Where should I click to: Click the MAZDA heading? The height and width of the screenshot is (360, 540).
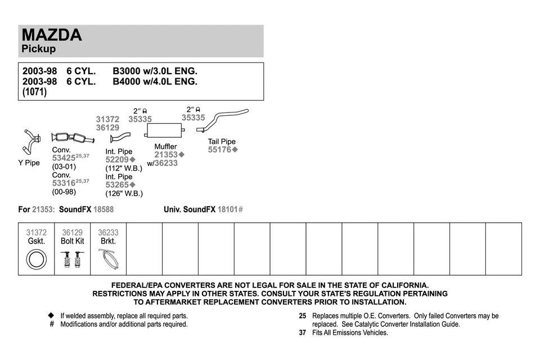[x=52, y=35]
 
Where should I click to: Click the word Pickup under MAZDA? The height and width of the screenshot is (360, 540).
[x=38, y=49]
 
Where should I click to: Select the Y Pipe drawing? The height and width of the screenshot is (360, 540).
[x=31, y=141]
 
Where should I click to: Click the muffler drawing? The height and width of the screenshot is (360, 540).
[x=165, y=131]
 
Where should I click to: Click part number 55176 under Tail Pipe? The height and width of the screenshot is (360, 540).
[x=220, y=150]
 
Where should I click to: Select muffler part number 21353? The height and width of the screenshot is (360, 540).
[x=166, y=155]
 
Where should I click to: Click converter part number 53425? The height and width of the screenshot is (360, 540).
[x=64, y=159]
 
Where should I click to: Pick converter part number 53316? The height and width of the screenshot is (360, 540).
[x=64, y=183]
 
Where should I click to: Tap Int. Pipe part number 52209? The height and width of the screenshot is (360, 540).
[x=117, y=160]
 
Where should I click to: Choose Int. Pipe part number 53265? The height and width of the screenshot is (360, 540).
[x=117, y=184]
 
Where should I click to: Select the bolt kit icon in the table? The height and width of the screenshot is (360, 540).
[x=72, y=259]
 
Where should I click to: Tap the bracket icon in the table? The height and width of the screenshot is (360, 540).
[x=108, y=259]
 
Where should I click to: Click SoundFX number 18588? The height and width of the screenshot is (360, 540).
[x=103, y=209]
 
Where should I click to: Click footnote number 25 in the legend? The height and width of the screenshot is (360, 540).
[x=303, y=316]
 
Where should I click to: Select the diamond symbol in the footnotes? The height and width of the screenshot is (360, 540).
[x=51, y=316]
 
